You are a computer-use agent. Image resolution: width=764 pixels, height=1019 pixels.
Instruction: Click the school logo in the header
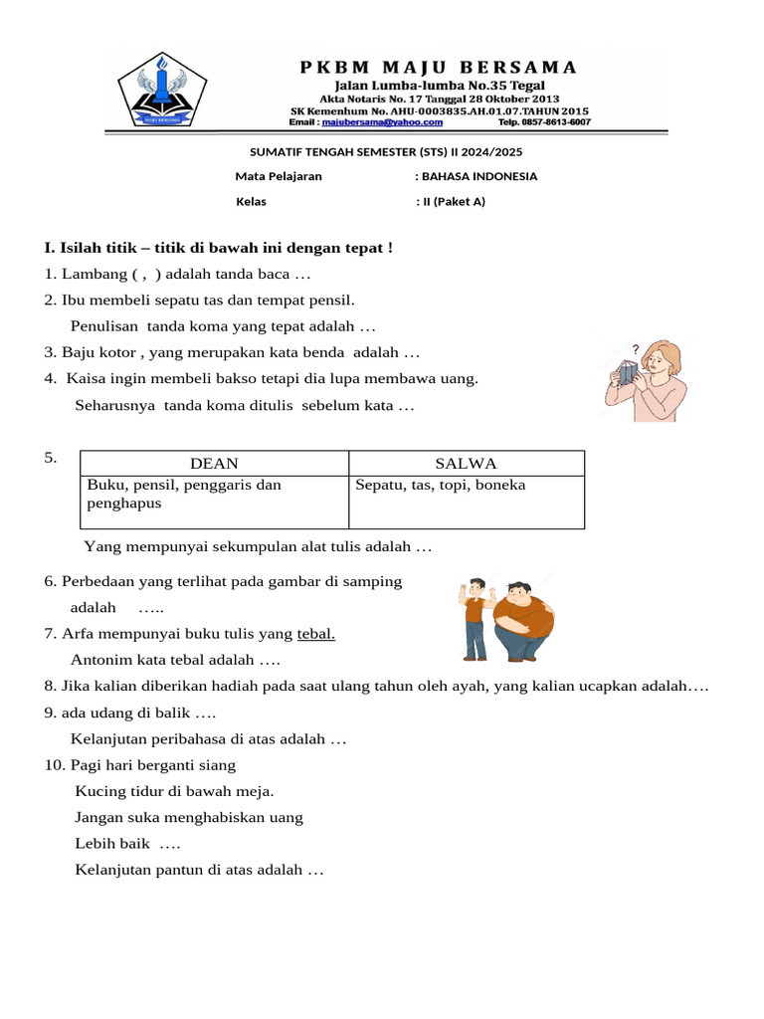click(x=161, y=91)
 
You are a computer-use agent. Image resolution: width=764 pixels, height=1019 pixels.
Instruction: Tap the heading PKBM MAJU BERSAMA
click(x=438, y=68)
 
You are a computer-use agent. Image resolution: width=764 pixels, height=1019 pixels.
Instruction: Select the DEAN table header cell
click(x=214, y=464)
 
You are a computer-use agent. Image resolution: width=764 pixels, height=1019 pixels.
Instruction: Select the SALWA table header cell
click(x=466, y=464)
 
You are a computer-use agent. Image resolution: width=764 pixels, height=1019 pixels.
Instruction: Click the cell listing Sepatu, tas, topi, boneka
click(x=466, y=501)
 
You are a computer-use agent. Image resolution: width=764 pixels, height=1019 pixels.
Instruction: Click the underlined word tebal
click(x=316, y=634)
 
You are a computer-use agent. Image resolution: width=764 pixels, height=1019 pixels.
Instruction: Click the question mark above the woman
click(x=635, y=349)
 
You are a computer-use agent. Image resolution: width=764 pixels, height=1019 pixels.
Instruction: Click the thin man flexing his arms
click(x=476, y=617)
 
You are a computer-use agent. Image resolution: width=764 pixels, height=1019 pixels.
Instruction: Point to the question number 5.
click(x=50, y=458)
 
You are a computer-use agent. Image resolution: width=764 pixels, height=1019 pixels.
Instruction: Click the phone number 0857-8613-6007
click(x=553, y=122)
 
